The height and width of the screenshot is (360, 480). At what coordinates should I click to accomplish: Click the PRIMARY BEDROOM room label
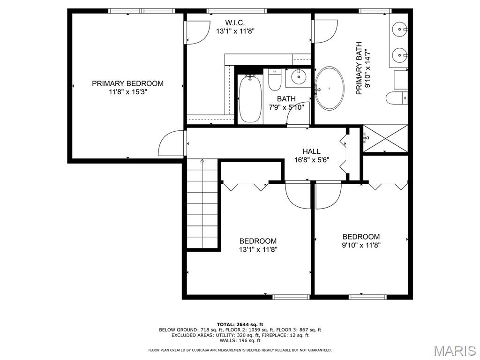tap(127, 83)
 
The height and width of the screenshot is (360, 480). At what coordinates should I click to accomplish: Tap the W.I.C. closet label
tap(235, 22)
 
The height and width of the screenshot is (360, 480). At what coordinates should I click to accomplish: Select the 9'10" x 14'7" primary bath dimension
tap(367, 68)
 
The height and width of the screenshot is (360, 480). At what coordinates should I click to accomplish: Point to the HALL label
tap(312, 151)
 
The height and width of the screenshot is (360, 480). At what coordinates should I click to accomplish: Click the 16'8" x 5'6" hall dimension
tap(312, 160)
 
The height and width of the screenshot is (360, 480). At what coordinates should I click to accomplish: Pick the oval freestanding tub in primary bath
tap(330, 88)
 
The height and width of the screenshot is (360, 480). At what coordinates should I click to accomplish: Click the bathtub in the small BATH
tap(250, 99)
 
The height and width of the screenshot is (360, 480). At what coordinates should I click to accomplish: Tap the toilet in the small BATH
tap(274, 80)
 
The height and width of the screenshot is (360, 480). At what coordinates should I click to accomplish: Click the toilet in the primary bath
tap(397, 98)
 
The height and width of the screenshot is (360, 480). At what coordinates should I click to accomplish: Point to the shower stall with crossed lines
tap(385, 138)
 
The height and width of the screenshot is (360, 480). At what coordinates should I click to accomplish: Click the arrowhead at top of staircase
tap(202, 160)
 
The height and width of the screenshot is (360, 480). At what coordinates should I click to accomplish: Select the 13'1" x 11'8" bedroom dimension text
tap(258, 249)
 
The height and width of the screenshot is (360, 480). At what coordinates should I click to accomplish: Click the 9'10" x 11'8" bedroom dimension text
tap(361, 245)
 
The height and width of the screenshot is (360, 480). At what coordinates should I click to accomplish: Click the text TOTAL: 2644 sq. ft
tap(240, 324)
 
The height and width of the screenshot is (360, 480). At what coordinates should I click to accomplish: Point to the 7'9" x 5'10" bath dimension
tap(286, 107)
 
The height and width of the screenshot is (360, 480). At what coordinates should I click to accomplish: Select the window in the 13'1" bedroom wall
tap(291, 297)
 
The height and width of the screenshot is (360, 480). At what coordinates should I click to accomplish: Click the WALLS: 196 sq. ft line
tap(240, 340)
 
